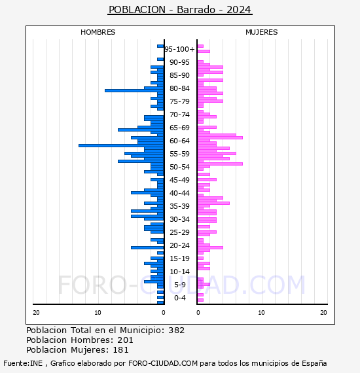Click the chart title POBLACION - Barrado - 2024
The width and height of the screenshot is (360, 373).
(x=179, y=10)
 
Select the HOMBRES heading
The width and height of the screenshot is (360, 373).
(x=98, y=32)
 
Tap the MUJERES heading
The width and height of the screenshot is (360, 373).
(x=262, y=32)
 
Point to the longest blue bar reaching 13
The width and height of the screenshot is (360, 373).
(x=121, y=145)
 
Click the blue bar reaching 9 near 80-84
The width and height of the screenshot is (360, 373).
(x=134, y=91)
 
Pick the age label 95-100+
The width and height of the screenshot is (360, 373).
(x=179, y=49)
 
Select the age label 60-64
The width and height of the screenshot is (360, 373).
(x=179, y=141)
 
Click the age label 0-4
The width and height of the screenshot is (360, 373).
(x=179, y=298)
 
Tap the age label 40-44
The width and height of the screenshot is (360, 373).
(x=179, y=193)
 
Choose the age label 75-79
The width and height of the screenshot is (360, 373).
(x=179, y=101)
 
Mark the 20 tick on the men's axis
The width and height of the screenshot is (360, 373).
(x=36, y=313)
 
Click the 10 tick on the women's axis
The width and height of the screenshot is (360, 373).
(x=261, y=313)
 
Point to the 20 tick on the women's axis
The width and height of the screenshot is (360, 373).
(x=323, y=313)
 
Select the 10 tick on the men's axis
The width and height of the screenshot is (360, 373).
(x=98, y=313)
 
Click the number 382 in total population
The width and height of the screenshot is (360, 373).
(x=176, y=330)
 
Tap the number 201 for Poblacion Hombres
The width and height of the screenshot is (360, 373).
(x=125, y=340)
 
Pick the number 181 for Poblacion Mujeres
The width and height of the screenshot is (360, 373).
(x=120, y=350)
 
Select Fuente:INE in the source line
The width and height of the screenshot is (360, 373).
(x=23, y=363)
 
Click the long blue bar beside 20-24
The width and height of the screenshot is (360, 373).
(x=147, y=247)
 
